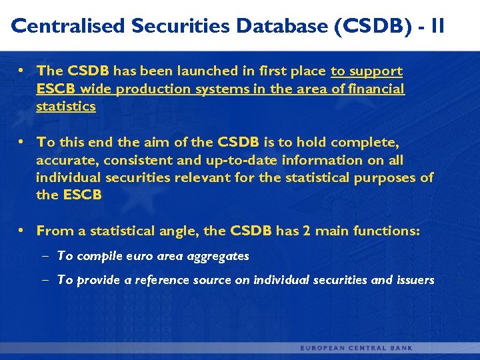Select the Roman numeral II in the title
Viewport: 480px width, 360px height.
coord(437,26)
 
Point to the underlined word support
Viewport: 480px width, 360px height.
coord(377,71)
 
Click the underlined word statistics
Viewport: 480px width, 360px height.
coord(66,107)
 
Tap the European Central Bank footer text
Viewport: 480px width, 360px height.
coord(357,348)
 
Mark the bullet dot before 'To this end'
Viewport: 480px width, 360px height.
coord(22,142)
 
